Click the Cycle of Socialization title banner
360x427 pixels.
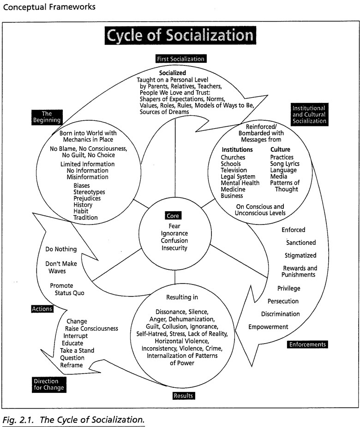pyautogui.click(x=179, y=36)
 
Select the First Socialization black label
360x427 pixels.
pyautogui.click(x=180, y=59)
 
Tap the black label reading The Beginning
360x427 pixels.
pyautogui.click(x=46, y=117)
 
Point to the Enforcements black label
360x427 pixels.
pyautogui.click(x=307, y=344)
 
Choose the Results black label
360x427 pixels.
pyautogui.click(x=183, y=395)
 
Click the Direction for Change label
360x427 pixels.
pyautogui.click(x=48, y=384)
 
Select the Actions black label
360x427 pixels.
pyautogui.click(x=42, y=308)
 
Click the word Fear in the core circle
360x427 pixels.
pyautogui.click(x=174, y=226)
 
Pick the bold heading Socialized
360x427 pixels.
pyautogui.click(x=173, y=73)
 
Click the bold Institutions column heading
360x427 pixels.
pyautogui.click(x=237, y=150)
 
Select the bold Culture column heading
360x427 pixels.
pyautogui.click(x=281, y=150)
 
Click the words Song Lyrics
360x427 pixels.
pyautogui.click(x=285, y=164)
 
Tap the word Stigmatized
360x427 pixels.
pyautogui.click(x=301, y=255)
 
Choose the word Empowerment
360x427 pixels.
pyautogui.click(x=268, y=327)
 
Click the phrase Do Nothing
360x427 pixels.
pyautogui.click(x=61, y=249)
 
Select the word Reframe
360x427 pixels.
pyautogui.click(x=72, y=365)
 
